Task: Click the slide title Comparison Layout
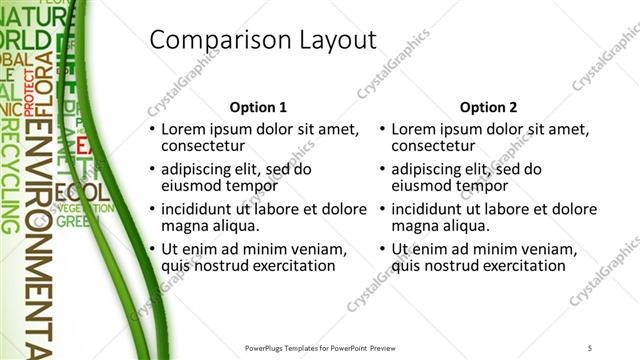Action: (x=262, y=40)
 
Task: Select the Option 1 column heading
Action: (x=258, y=107)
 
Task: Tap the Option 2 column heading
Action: (x=488, y=107)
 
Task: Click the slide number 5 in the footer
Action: (x=590, y=347)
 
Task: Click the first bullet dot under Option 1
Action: (x=152, y=130)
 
